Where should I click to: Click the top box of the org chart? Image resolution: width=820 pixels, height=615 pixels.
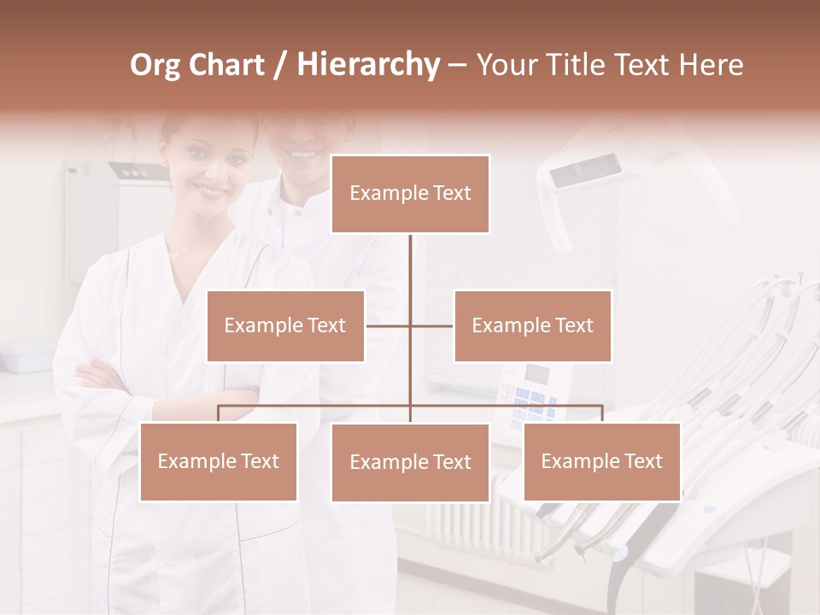(410, 194)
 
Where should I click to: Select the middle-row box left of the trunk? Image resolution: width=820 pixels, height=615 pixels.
(285, 325)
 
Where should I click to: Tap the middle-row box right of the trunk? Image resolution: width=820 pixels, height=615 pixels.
(532, 325)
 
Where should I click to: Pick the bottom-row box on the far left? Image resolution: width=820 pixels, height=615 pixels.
(219, 461)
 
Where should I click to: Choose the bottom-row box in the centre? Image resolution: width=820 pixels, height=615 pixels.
(410, 462)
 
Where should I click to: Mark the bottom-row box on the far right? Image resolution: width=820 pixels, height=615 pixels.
(601, 461)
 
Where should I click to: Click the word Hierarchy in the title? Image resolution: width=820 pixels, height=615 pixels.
(368, 64)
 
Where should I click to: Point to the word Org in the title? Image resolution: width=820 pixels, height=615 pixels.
(155, 65)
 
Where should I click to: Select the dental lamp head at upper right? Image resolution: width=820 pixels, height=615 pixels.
(587, 171)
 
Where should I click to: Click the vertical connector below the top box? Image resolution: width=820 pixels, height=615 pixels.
(411, 265)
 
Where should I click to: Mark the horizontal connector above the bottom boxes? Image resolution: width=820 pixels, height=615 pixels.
(316, 406)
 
